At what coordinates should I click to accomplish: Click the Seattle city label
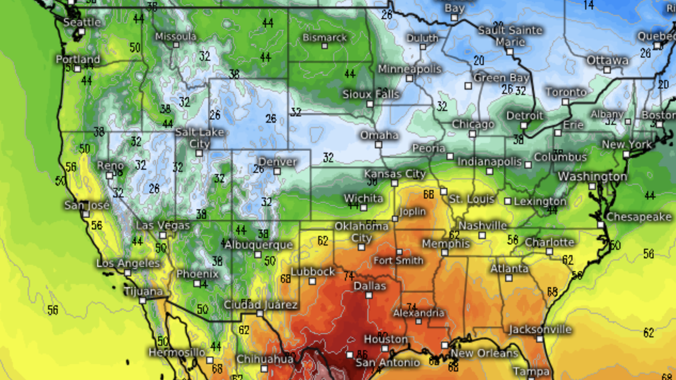(x=82, y=22)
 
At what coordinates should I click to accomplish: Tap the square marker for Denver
(x=277, y=172)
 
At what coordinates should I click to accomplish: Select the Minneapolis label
(x=410, y=69)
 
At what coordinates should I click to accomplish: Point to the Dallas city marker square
(x=369, y=296)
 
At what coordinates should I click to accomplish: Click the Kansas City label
(x=395, y=174)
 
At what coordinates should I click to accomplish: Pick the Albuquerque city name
(x=258, y=245)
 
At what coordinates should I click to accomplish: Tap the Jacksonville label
(x=540, y=330)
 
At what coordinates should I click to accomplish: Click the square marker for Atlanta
(x=508, y=278)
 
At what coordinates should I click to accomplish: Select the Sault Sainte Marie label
(x=510, y=36)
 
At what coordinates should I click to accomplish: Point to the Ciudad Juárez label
(x=261, y=305)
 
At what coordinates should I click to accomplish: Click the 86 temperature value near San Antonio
(x=362, y=355)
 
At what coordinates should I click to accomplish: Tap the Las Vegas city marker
(x=162, y=236)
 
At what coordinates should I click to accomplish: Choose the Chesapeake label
(x=639, y=217)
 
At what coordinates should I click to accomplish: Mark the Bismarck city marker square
(x=324, y=47)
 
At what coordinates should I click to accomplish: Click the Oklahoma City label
(x=362, y=232)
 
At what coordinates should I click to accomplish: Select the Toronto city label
(x=566, y=92)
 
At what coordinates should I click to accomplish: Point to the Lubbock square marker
(x=312, y=281)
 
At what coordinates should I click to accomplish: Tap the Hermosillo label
(x=177, y=352)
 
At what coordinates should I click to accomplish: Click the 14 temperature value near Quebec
(x=589, y=5)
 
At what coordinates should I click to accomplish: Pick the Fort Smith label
(x=398, y=261)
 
